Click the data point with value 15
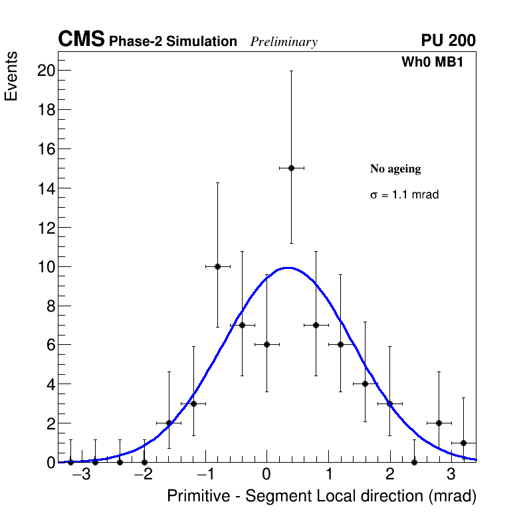pyautogui.click(x=291, y=168)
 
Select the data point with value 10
pyautogui.click(x=217, y=266)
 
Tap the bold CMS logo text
pyautogui.click(x=81, y=40)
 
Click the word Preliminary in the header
pyautogui.click(x=284, y=42)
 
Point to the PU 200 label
pyautogui.click(x=448, y=41)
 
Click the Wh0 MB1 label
pyautogui.click(x=432, y=63)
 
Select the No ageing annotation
pyautogui.click(x=395, y=169)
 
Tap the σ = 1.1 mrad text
pyautogui.click(x=404, y=195)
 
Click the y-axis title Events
pyautogui.click(x=11, y=77)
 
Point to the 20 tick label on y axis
pyautogui.click(x=45, y=71)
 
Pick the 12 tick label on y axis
pyautogui.click(x=45, y=228)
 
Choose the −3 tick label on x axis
pyautogui.click(x=81, y=475)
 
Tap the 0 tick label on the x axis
pyautogui.click(x=266, y=475)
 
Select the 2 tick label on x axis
pyautogui.click(x=389, y=475)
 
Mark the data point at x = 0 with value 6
pyautogui.click(x=266, y=344)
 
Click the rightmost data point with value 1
pyautogui.click(x=463, y=443)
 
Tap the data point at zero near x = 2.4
pyautogui.click(x=414, y=462)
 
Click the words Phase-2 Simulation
pyautogui.click(x=173, y=42)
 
